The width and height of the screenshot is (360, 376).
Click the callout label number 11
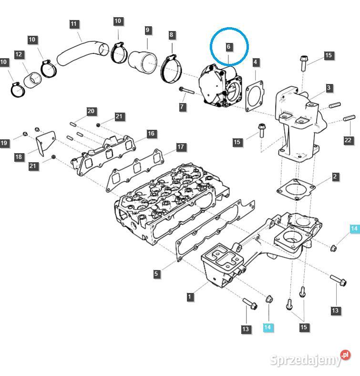pyautogui.click(x=73, y=24)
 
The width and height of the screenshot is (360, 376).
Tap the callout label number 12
pyautogui.click(x=19, y=55)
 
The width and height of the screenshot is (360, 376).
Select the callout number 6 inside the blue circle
pyautogui.click(x=229, y=47)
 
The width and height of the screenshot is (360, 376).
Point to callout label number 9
pyautogui.click(x=148, y=30)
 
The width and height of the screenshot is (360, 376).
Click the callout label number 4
pyautogui.click(x=256, y=62)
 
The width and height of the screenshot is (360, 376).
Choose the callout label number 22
pyautogui.click(x=348, y=140)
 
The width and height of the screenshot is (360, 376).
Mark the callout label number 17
pyautogui.click(x=181, y=147)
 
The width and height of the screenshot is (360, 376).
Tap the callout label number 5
pyautogui.click(x=156, y=274)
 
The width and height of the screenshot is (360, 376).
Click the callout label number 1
pyautogui.click(x=190, y=297)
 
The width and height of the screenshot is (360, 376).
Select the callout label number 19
pyautogui.click(x=4, y=143)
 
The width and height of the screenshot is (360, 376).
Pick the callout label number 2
pyautogui.click(x=335, y=177)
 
